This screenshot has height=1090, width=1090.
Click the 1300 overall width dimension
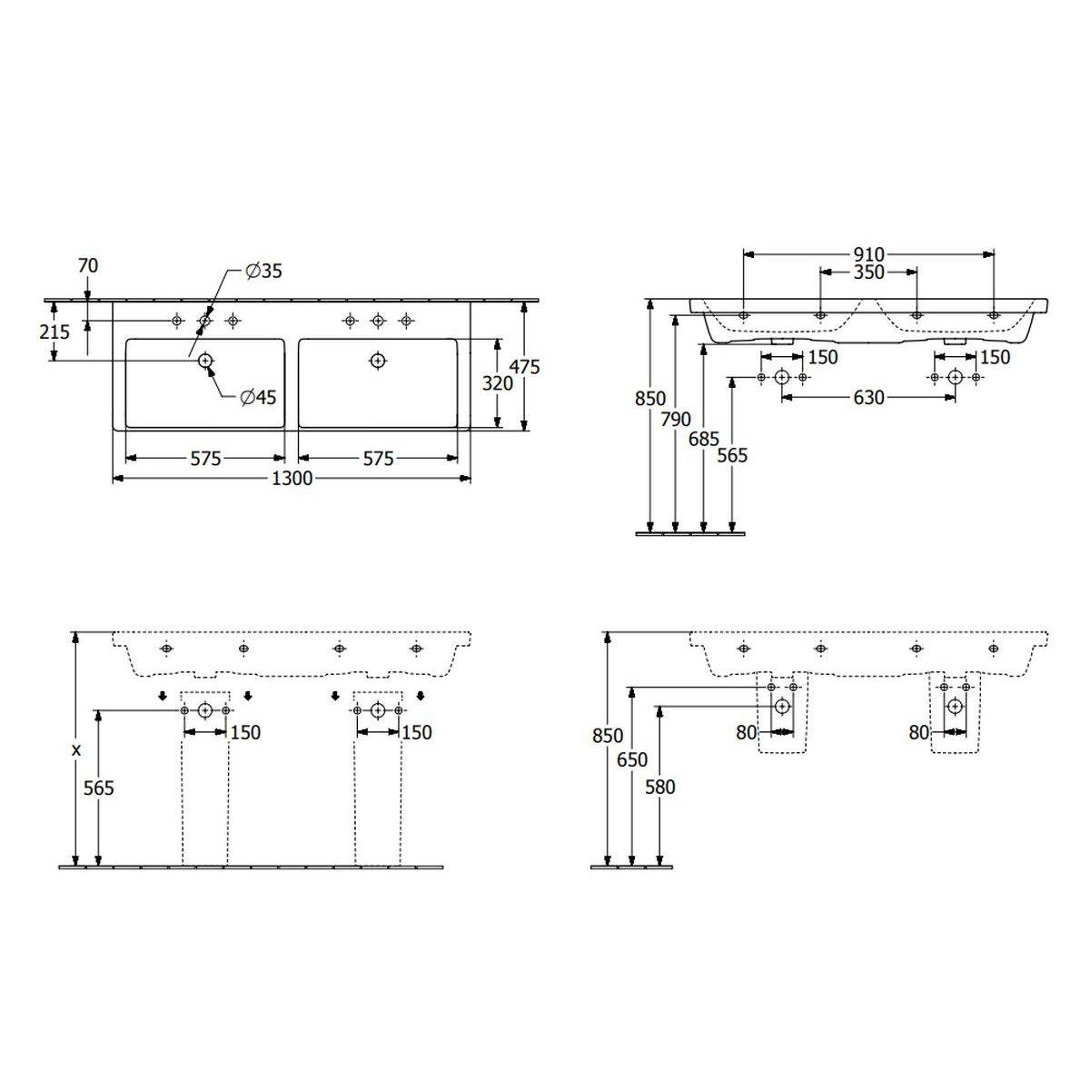tap(292, 479)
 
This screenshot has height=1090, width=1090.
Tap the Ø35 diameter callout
tap(263, 272)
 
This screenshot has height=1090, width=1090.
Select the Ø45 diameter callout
tap(258, 398)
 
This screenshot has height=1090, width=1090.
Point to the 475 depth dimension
tap(525, 367)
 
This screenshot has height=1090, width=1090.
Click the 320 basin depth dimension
tap(497, 383)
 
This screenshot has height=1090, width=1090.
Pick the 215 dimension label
tap(54, 332)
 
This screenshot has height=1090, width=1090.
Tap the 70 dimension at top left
tap(88, 265)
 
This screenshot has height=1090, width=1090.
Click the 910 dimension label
tap(868, 254)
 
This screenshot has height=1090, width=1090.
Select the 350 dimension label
tap(868, 272)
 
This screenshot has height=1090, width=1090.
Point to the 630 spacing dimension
tap(868, 398)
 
